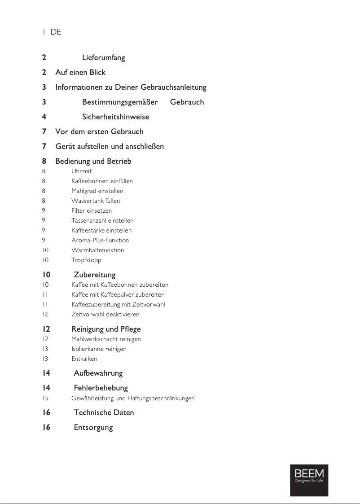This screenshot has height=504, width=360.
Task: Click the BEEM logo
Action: pos(309,480)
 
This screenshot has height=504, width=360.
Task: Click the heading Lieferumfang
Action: pos(103,58)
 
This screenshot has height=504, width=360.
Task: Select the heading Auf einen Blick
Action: pos(80,72)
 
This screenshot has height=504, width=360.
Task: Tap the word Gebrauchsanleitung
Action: pos(173,87)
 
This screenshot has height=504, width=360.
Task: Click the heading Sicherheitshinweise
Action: pos(115,117)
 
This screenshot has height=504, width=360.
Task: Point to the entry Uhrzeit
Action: pos(81,171)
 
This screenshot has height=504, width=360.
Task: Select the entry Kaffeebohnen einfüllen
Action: pos(102,181)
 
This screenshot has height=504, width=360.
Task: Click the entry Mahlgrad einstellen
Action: pos(97,191)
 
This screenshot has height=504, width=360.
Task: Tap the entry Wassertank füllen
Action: pos(96,201)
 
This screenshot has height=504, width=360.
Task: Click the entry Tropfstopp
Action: pos(86,260)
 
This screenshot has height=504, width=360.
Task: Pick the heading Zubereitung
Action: pos(94,275)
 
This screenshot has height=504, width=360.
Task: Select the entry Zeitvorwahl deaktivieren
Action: pos(105,315)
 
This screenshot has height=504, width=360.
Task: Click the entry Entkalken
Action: pos(84,359)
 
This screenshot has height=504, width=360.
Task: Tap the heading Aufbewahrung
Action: pos(98,373)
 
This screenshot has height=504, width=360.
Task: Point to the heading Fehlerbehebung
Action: pos(101,388)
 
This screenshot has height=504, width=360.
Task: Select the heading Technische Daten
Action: pos(104,412)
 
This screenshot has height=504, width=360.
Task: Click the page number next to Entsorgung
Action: pos(46,427)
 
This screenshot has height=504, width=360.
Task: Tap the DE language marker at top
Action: pos(56,32)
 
